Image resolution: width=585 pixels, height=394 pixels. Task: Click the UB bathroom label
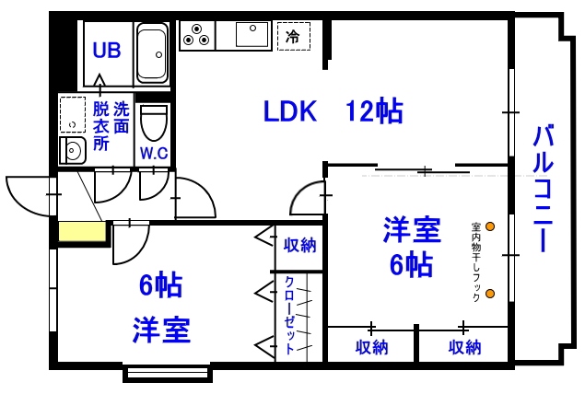pyautogui.click(x=107, y=50)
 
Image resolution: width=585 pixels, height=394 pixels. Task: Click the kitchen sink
pyautogui.click(x=250, y=35)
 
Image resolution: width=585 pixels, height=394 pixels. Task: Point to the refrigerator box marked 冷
pyautogui.click(x=294, y=37)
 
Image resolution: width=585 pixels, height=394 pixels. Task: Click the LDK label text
pyautogui.click(x=290, y=112)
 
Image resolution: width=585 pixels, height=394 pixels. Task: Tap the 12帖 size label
pyautogui.click(x=373, y=112)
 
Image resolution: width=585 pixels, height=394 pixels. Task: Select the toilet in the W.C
pyautogui.click(x=155, y=121)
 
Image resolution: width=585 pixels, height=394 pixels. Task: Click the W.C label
pyautogui.click(x=154, y=152)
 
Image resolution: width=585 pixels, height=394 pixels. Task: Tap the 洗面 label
pyautogui.click(x=122, y=117)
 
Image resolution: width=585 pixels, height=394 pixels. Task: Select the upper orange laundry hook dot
pyautogui.click(x=490, y=226)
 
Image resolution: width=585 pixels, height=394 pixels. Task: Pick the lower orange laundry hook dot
pyautogui.click(x=490, y=295)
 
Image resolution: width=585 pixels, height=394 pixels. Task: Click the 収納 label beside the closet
pyautogui.click(x=300, y=245)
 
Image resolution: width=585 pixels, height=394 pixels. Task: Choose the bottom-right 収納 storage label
pyautogui.click(x=465, y=347)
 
